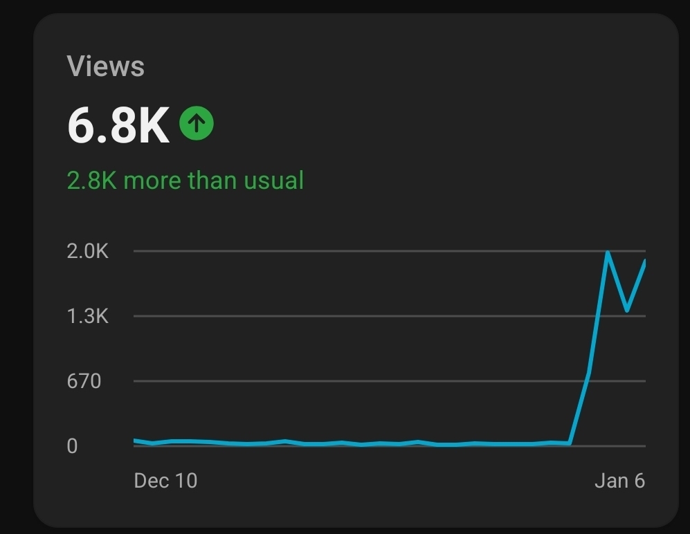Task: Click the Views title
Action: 106,66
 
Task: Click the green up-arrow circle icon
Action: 197,124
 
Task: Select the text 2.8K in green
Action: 91,181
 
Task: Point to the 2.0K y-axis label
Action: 88,251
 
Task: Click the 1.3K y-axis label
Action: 88,316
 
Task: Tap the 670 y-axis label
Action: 84,381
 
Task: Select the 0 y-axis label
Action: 72,446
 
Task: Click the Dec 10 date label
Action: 165,481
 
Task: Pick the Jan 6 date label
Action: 619,481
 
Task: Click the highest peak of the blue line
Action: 608,252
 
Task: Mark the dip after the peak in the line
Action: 627,310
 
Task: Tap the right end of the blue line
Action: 644,261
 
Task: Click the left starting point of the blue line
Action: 135,440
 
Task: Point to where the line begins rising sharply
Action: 570,443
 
